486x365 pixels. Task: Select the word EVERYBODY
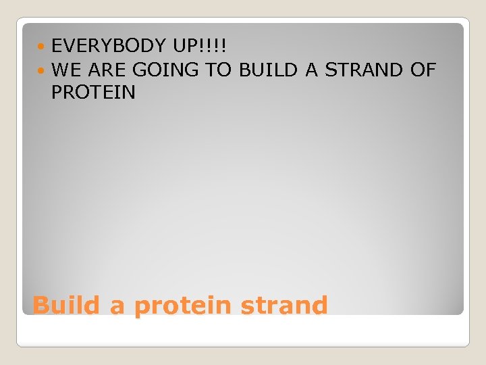click(109, 46)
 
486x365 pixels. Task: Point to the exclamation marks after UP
click(216, 46)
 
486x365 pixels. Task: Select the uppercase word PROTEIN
click(93, 93)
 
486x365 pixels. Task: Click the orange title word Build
click(66, 306)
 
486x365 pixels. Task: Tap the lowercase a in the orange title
click(117, 307)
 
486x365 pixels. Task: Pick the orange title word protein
click(182, 307)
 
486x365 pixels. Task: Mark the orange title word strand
click(283, 306)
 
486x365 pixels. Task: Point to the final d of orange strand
click(319, 306)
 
